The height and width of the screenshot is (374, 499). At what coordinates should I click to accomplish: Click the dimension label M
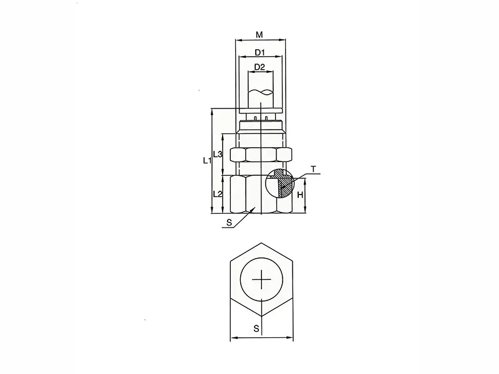tap(259, 34)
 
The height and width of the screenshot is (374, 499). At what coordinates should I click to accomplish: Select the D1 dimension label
tap(260, 52)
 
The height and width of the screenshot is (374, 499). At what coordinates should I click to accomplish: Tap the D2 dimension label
tap(259, 67)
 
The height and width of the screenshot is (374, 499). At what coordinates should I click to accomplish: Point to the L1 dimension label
tap(207, 160)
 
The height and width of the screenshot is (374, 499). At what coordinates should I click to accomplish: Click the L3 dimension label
tap(218, 155)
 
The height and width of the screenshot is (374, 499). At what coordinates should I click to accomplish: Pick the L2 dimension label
tap(218, 193)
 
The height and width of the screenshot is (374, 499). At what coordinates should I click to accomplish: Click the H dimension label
tap(300, 194)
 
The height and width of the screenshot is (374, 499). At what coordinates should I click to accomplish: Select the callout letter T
tap(314, 169)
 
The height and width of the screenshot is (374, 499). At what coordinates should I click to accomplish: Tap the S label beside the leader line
tap(229, 223)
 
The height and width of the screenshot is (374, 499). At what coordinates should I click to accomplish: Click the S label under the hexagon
tap(256, 328)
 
